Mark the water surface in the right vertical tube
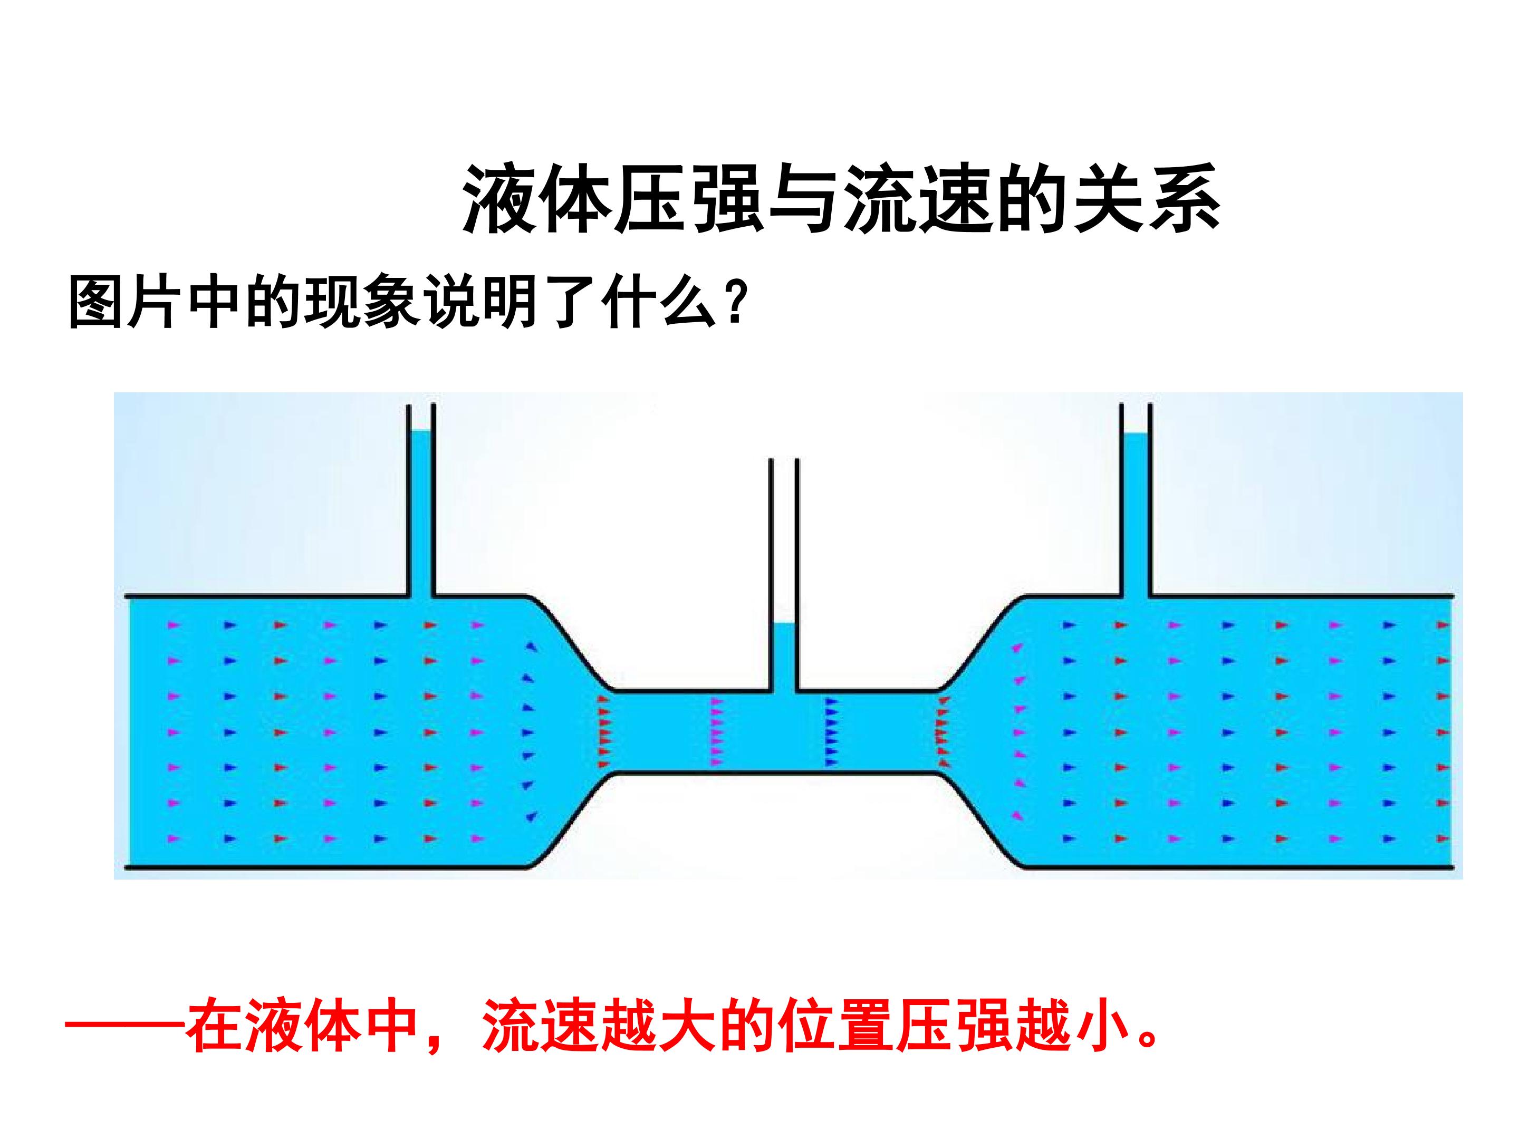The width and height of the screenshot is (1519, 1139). coord(1135,433)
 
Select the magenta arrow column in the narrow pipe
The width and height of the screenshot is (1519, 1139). coord(717,732)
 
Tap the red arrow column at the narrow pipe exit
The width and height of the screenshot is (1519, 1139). coord(942,732)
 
